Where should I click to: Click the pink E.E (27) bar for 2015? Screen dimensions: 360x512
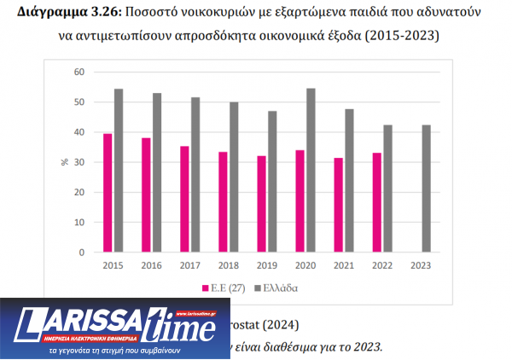coord(108,193)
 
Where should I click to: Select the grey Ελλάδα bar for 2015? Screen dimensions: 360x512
coord(119,171)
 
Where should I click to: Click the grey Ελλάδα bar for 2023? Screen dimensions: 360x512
coord(427,189)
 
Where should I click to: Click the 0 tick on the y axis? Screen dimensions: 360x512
coord(81,253)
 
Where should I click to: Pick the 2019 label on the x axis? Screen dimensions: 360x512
coord(266,265)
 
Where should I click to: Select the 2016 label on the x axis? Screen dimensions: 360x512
coord(151,265)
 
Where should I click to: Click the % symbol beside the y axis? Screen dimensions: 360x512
coord(65,162)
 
